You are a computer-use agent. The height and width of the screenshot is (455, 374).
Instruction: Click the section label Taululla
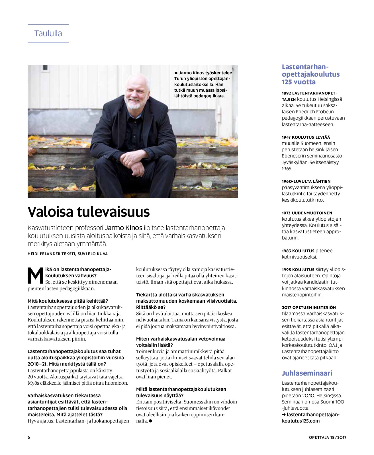click(x=48, y=33)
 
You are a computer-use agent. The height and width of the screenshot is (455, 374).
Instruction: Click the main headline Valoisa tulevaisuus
click(x=89, y=212)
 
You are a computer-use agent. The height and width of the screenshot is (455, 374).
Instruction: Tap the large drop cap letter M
click(x=35, y=276)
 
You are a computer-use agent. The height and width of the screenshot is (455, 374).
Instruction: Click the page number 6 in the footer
click(x=29, y=437)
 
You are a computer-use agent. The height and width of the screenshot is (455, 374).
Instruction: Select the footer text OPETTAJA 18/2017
click(x=328, y=437)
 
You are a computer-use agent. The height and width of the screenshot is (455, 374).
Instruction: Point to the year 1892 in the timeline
click(x=286, y=93)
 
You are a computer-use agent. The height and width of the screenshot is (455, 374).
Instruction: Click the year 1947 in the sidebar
click(x=286, y=137)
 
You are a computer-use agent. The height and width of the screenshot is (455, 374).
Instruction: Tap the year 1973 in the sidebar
click(x=286, y=213)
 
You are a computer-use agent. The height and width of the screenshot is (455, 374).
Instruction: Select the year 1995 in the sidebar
click(x=286, y=270)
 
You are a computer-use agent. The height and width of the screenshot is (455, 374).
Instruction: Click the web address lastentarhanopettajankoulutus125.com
click(x=310, y=418)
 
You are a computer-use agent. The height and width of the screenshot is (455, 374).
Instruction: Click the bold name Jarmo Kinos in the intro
click(x=124, y=228)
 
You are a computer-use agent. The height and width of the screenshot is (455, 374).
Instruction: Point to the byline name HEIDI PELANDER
click(x=44, y=254)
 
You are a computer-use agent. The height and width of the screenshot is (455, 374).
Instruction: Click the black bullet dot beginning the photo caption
click(x=176, y=73)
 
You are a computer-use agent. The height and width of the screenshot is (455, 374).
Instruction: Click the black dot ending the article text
click(x=150, y=421)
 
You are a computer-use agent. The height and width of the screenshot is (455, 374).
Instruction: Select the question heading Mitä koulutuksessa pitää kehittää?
click(x=68, y=301)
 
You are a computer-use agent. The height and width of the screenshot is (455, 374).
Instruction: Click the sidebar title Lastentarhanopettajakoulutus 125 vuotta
click(x=310, y=74)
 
